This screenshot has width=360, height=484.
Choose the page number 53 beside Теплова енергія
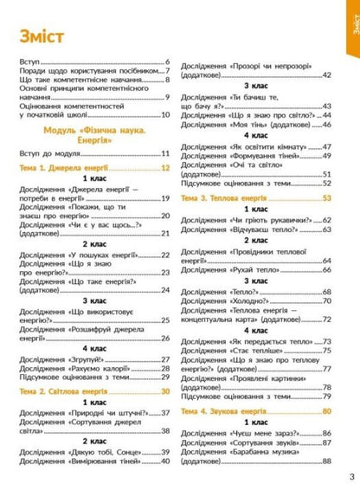[326, 198]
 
